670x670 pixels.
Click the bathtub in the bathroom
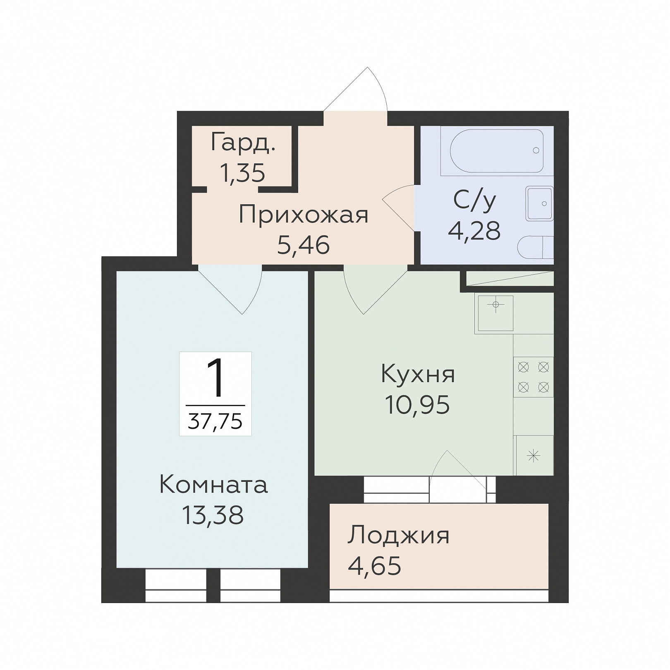[x=497, y=151]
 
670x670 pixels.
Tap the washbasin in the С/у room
[x=539, y=203]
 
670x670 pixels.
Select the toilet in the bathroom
[x=535, y=247]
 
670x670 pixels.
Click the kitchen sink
[x=495, y=313]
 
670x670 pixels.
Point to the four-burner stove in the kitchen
[x=533, y=377]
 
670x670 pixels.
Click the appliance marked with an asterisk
[x=534, y=455]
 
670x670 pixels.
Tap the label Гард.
[x=242, y=143]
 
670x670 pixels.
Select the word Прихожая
[x=303, y=215]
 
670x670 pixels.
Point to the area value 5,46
[x=303, y=245]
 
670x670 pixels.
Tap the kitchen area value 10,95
[x=417, y=404]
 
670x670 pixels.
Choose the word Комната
[x=213, y=485]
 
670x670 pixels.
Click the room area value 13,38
[x=213, y=515]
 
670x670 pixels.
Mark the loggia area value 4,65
[x=375, y=566]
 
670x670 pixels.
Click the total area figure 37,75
[x=215, y=421]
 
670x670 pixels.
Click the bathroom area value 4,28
[x=474, y=231]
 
